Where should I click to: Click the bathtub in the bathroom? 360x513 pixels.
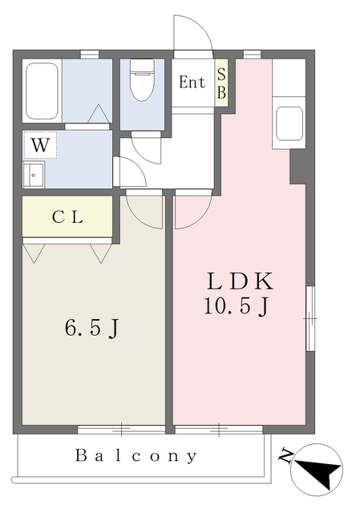click(x=42, y=91)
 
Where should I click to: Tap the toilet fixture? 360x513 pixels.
click(x=142, y=79)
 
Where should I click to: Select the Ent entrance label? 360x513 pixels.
click(x=192, y=82)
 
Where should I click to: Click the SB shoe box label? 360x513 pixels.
click(x=221, y=83)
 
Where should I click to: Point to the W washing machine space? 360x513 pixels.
click(x=40, y=145)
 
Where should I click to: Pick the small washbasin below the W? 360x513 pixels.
click(x=34, y=175)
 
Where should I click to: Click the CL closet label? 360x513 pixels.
click(x=67, y=216)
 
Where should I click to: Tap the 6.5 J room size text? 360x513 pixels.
click(x=91, y=328)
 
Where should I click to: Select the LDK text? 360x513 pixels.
click(x=241, y=281)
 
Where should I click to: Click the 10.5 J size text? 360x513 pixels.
click(x=237, y=306)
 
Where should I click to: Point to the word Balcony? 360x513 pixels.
click(x=136, y=456)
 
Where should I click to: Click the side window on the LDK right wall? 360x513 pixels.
click(x=310, y=318)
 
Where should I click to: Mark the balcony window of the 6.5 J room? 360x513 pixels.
click(x=121, y=430)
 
